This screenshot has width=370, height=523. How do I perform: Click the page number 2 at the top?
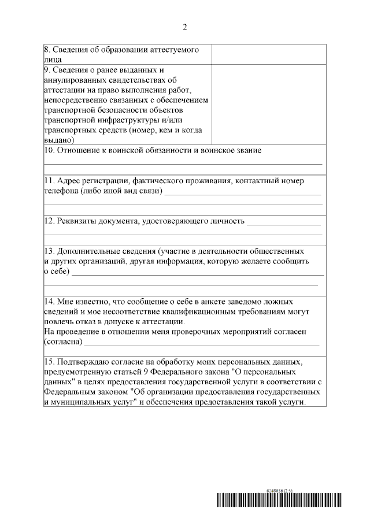pos(184,27)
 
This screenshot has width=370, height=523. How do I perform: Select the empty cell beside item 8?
pos(268,54)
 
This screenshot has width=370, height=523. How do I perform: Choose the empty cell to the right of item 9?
pos(268,104)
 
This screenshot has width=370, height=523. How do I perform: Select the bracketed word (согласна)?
pos(64,342)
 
